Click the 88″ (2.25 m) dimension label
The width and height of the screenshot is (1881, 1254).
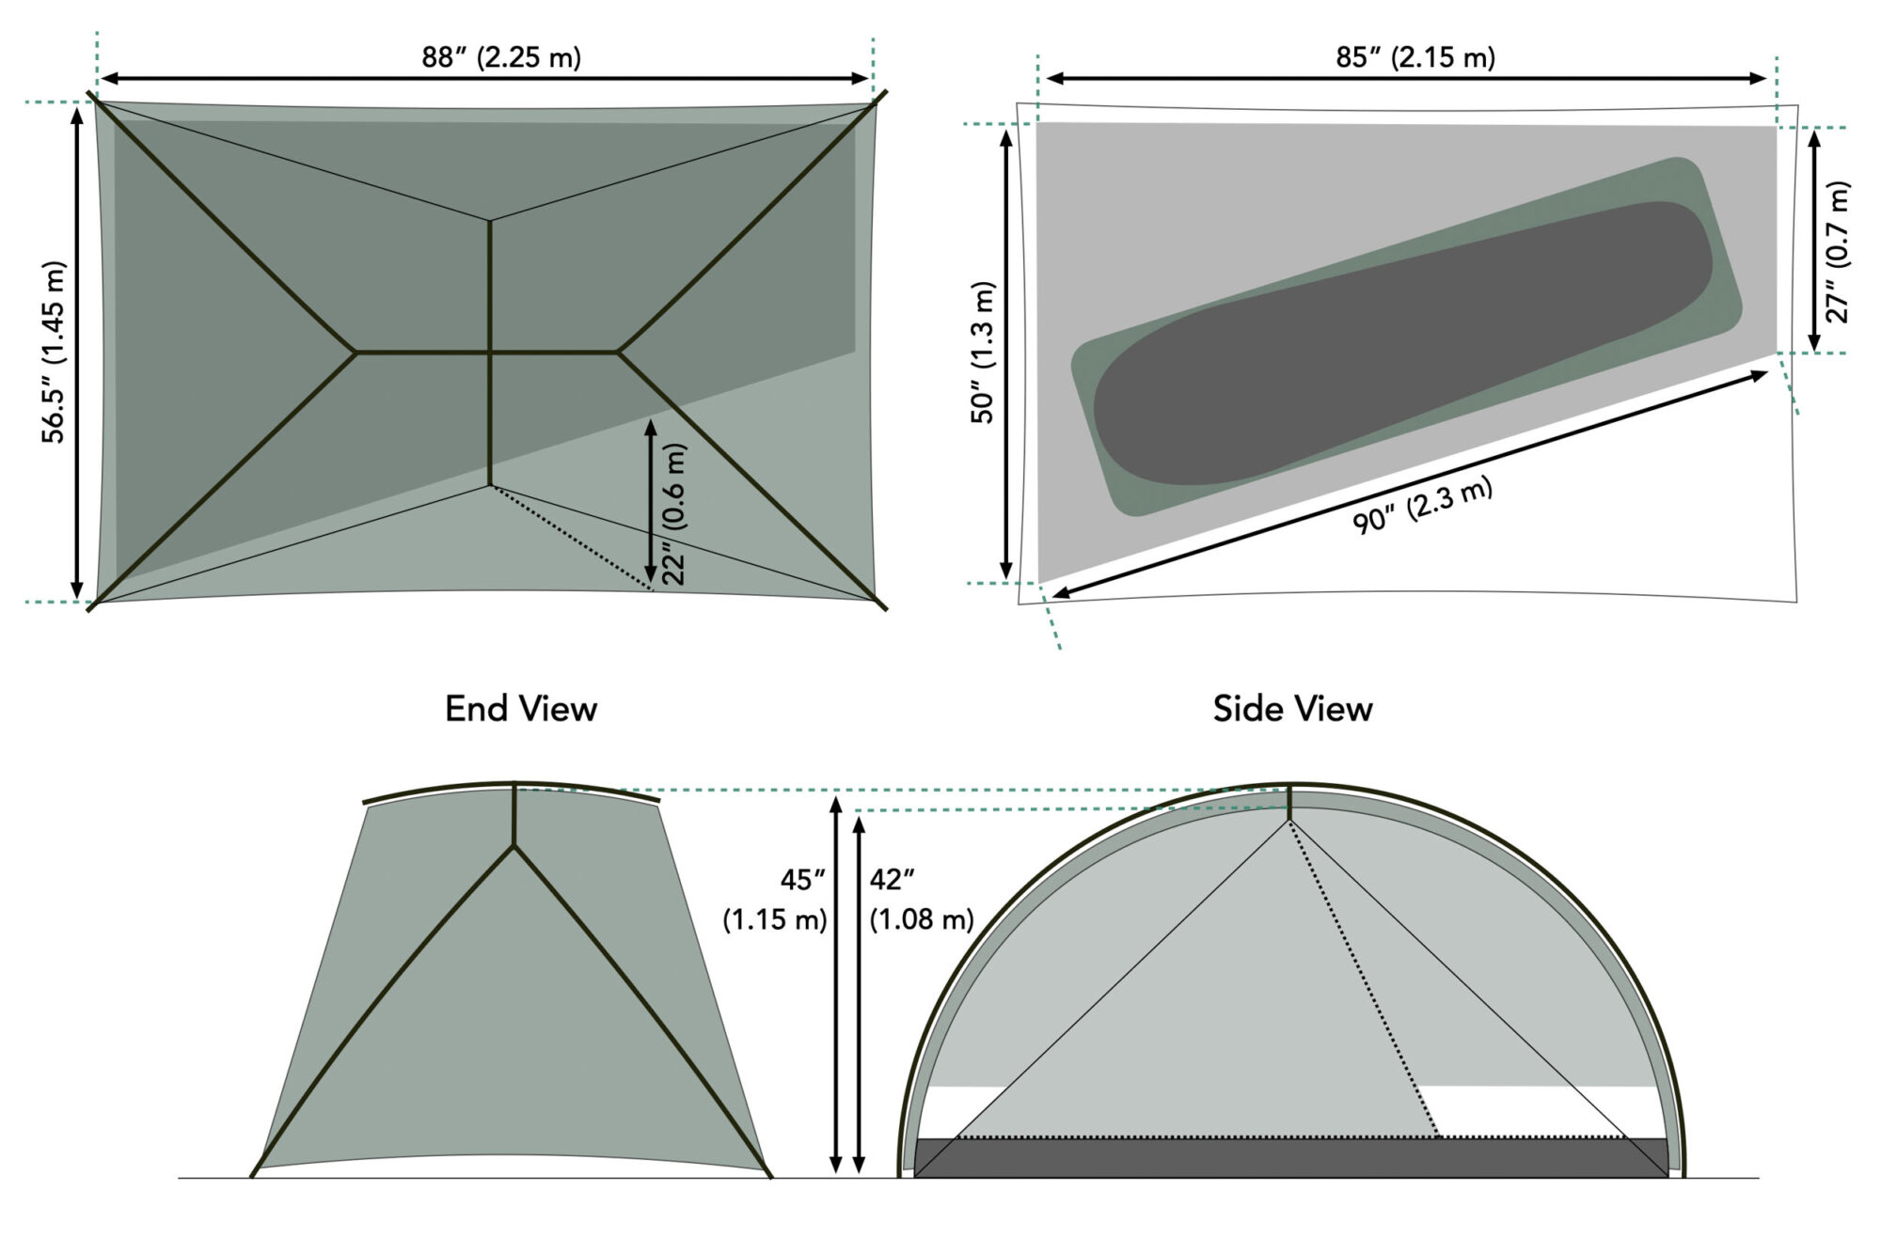coord(501,57)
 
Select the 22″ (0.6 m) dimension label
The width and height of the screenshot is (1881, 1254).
coord(674,514)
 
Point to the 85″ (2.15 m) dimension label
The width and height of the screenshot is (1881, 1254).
coord(1415,57)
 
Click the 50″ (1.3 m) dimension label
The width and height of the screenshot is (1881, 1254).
coord(983,353)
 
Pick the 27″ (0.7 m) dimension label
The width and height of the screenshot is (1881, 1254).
coord(1837,252)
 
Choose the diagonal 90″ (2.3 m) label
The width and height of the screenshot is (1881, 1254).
coord(1422,508)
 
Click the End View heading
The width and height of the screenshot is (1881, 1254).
coord(521,709)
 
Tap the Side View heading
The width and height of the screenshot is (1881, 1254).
coord(1292,709)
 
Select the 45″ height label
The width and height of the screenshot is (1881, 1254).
coord(802,880)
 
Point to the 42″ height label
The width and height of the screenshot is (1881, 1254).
coord(892,880)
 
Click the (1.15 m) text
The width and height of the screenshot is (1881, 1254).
coord(774,919)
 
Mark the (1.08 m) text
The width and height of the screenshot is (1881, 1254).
coord(921,919)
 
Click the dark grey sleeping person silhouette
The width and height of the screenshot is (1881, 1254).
coord(1401,343)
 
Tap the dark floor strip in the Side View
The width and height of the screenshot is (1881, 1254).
coord(1290,1157)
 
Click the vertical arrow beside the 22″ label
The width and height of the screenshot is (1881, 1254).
coord(650,501)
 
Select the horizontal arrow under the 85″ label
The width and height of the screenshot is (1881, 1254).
coord(1406,79)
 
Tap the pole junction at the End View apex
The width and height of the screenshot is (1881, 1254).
coord(514,846)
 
